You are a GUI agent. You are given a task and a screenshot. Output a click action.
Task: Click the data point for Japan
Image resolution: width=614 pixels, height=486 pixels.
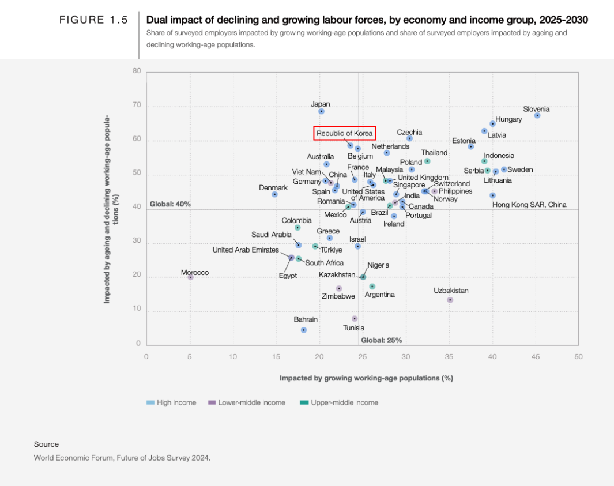pos(321,111)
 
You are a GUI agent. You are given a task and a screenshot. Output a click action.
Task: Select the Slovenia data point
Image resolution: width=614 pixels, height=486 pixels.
pos(537,115)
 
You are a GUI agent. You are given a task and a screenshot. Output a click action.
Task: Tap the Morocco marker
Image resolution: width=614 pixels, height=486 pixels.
pos(190,277)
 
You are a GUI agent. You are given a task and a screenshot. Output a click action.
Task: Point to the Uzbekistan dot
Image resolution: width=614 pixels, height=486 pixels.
pos(450,300)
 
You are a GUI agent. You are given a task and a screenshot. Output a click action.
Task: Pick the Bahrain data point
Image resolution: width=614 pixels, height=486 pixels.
pos(303,330)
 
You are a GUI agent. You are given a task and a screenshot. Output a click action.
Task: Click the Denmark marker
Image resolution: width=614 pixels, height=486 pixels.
pos(274,194)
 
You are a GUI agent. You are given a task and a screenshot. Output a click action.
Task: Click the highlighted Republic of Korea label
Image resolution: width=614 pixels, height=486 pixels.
pos(345,134)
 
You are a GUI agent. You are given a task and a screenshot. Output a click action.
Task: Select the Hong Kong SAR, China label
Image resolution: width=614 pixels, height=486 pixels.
pos(529,205)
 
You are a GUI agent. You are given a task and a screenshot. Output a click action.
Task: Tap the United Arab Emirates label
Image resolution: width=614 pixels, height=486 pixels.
pos(246,250)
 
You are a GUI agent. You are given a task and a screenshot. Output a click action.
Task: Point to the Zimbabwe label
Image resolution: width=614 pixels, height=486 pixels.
pos(338,296)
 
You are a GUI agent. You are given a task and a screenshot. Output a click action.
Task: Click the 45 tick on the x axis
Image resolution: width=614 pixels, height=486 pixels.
pos(536,357)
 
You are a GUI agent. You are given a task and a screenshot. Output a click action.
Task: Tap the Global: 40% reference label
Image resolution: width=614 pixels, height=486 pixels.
pos(170,204)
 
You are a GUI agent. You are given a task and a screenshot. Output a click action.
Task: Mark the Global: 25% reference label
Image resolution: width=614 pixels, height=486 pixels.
pos(381,340)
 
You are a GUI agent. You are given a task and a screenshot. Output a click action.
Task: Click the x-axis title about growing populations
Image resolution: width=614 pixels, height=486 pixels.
pos(366,378)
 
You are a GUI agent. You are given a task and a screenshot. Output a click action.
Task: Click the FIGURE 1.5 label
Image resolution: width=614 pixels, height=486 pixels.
pos(93,20)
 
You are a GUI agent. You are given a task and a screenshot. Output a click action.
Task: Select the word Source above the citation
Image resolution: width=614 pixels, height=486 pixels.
pos(46,444)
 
